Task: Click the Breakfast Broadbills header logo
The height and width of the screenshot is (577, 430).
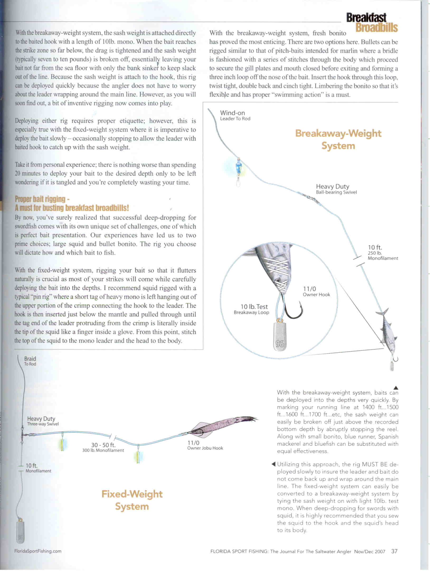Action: [x=372, y=23]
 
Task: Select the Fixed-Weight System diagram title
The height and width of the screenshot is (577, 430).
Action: [x=132, y=500]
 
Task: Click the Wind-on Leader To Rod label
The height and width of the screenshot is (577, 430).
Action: [x=235, y=115]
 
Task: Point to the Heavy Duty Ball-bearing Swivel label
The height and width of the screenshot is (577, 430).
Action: [x=336, y=189]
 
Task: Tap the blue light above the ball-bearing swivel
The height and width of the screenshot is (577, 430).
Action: [x=239, y=167]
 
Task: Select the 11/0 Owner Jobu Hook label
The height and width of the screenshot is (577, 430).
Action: [x=205, y=445]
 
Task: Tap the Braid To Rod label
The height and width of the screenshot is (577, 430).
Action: [x=30, y=361]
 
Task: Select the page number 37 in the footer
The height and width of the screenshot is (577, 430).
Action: [x=394, y=551]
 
